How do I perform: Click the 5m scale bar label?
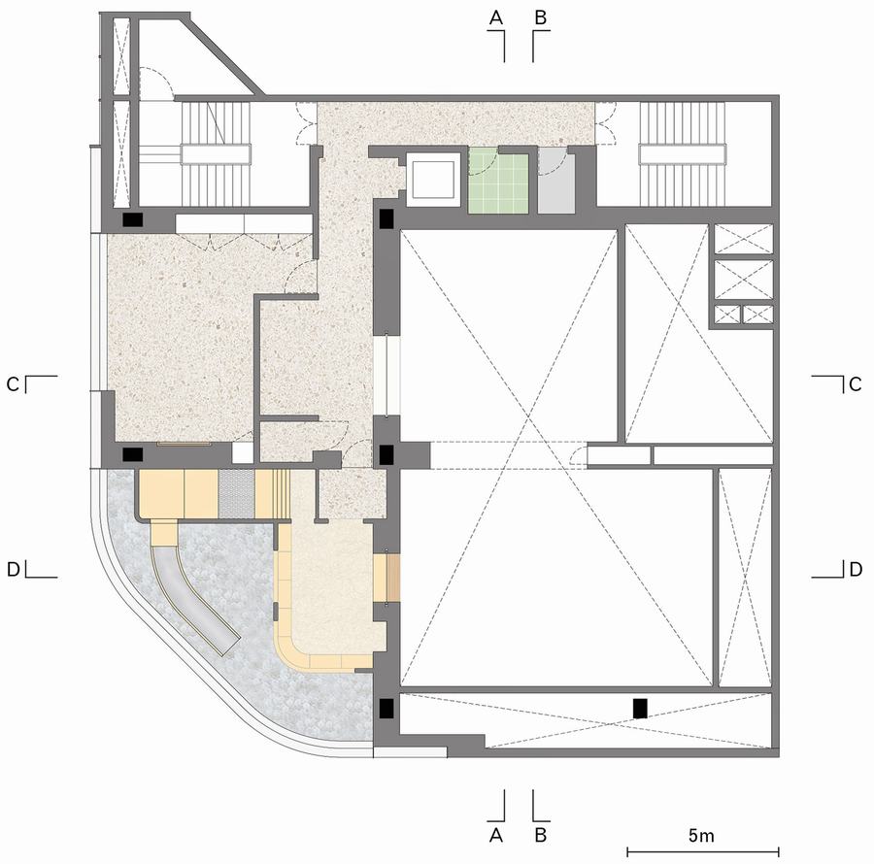701,836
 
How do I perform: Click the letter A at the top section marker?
495,18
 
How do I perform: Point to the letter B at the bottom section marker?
540,836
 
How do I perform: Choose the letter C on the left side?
13,384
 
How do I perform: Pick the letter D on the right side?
855,569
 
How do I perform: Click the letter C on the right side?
855,384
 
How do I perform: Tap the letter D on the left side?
13,569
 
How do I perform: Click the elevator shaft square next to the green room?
432,180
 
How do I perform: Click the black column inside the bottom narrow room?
640,708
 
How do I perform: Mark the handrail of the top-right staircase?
683,154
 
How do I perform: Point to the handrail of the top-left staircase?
216,154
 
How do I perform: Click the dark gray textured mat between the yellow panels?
236,494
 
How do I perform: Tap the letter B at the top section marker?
540,18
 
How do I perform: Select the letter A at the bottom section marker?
495,836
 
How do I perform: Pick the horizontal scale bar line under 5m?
703,851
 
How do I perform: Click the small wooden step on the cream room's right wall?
393,578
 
